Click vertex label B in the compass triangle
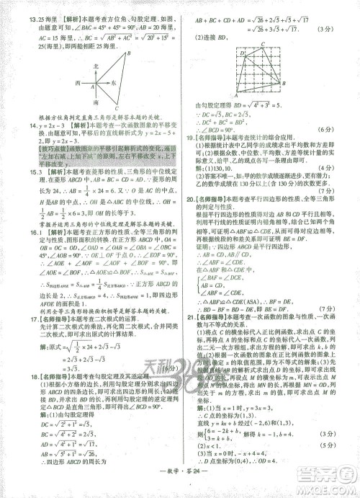(127, 53)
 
